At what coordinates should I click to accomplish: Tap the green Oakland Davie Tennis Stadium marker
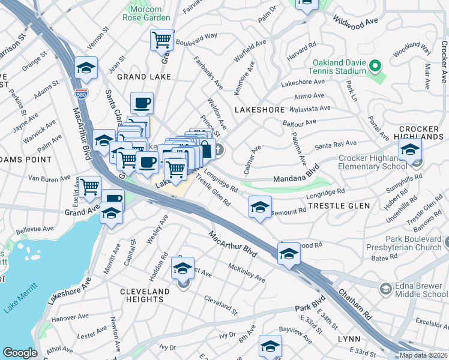coord(376,65)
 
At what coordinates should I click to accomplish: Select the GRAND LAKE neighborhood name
coord(144,77)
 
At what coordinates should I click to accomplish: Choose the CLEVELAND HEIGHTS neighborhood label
coord(136,296)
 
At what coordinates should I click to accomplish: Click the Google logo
coord(19,353)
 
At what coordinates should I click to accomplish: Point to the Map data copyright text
coord(423,355)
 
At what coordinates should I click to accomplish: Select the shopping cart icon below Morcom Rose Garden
coord(161,41)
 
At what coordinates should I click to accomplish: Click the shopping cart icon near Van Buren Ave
coord(90,187)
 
